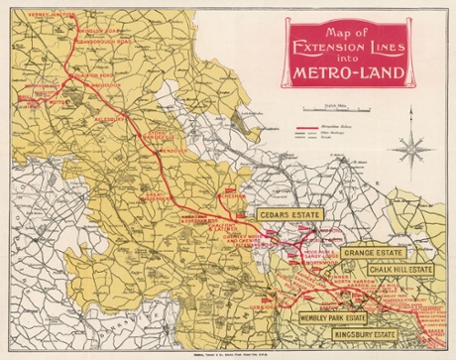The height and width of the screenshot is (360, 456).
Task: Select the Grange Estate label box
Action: click(378, 254)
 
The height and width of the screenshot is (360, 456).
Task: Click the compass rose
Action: click(408, 150)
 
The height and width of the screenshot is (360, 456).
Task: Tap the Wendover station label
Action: click(146, 150)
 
